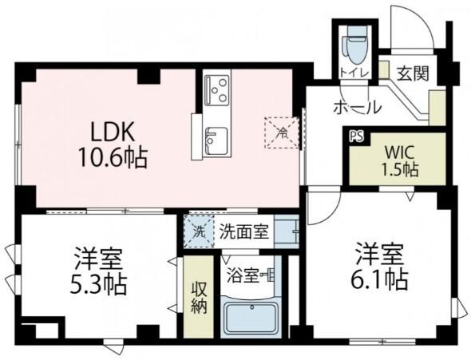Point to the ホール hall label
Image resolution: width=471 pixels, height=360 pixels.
[355, 108]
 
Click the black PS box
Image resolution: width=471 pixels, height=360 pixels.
[355, 136]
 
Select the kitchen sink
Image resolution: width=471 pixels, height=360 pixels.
[212, 142]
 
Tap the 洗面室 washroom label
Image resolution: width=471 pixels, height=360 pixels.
[243, 233]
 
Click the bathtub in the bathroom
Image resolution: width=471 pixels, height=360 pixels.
[250, 318]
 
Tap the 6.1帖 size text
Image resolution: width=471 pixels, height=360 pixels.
[381, 279]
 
